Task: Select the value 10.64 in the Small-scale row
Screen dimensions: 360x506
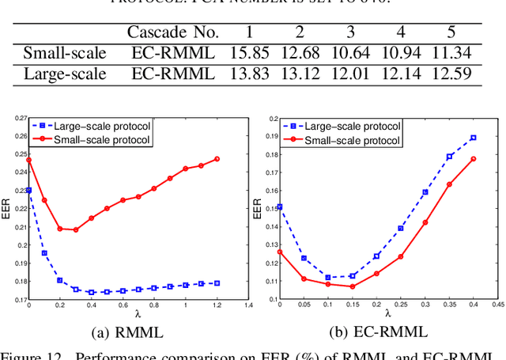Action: pos(349,54)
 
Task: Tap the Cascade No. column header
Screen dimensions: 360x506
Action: pos(172,32)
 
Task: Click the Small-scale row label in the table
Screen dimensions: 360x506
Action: pos(64,54)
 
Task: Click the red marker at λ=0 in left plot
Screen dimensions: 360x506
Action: pos(29,160)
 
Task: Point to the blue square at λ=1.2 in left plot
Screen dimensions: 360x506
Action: pos(217,283)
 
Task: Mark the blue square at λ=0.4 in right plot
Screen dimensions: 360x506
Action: pos(473,138)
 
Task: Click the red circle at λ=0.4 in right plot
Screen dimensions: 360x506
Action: pos(473,159)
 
